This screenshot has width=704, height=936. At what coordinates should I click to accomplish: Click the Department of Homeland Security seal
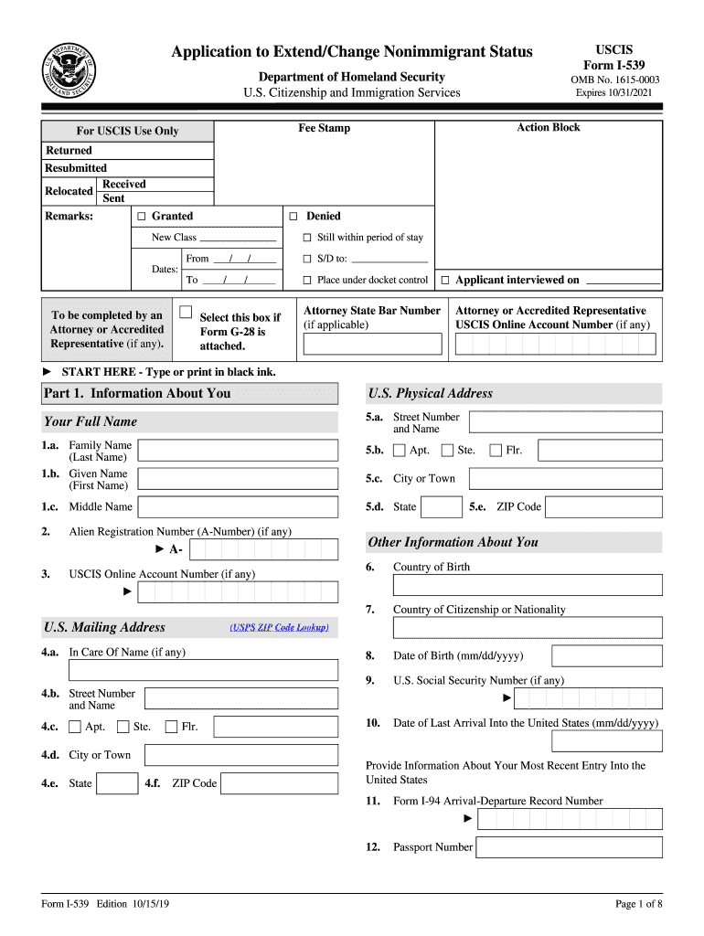point(73,69)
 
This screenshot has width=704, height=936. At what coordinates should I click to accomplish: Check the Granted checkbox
point(142,217)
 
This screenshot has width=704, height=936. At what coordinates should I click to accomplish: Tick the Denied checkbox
point(293,217)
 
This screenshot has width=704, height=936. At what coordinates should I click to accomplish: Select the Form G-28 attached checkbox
point(186,313)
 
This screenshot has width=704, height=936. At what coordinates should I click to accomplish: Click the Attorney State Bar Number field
point(372,344)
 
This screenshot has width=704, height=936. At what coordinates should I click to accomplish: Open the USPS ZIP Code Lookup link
point(279,628)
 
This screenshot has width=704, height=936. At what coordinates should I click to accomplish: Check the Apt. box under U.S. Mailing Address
point(75,728)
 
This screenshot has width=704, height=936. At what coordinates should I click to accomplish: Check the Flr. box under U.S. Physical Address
point(496,450)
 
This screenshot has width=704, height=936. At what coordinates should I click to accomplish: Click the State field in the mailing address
point(117,783)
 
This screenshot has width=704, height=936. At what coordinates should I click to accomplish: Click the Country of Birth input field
point(528,585)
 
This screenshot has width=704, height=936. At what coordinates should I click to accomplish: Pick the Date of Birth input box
point(606,655)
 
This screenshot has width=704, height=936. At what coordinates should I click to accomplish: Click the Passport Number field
point(570,847)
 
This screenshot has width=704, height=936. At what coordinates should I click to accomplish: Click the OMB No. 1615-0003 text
point(614,80)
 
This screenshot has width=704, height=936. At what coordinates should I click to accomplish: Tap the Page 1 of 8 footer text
point(638,904)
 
